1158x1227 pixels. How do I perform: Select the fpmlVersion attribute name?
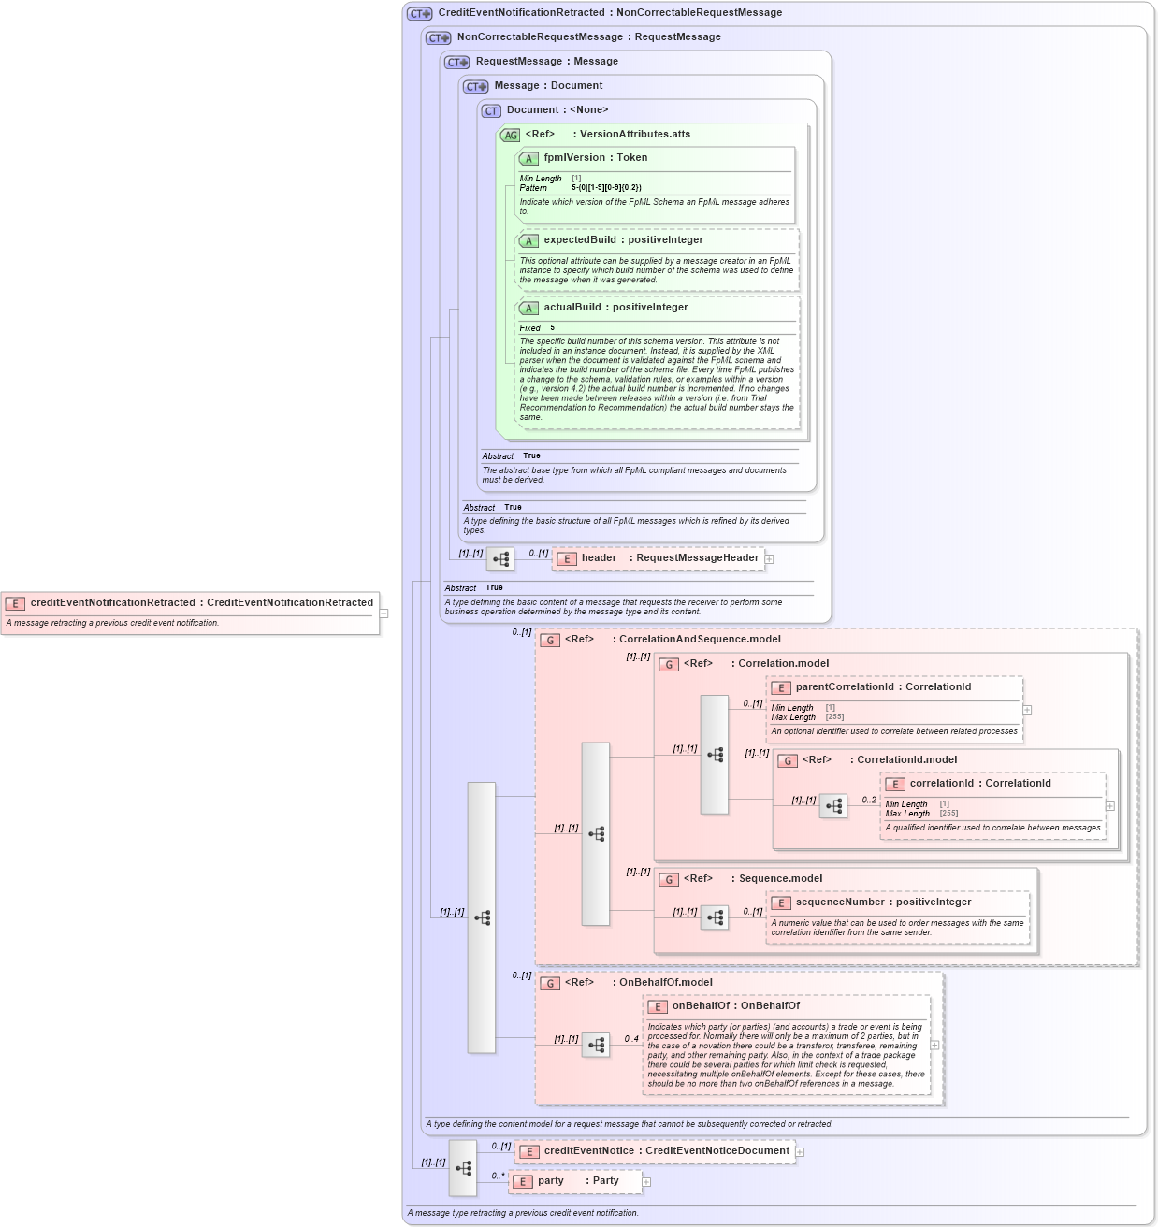click(x=573, y=158)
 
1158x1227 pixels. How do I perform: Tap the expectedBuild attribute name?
click(x=579, y=240)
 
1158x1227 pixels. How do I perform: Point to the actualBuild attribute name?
click(x=572, y=308)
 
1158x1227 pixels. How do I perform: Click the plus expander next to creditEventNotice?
click(x=801, y=1152)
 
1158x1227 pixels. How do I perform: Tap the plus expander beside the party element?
click(x=646, y=1182)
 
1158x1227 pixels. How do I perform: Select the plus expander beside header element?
click(x=770, y=559)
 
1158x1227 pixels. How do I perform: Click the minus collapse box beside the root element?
click(x=384, y=613)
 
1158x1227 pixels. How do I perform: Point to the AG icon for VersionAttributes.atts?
click(x=510, y=136)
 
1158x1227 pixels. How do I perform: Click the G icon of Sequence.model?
click(x=669, y=880)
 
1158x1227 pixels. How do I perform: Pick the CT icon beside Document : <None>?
click(x=491, y=111)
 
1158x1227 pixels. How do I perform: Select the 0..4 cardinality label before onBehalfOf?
click(x=631, y=1039)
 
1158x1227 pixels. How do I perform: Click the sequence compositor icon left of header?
click(x=500, y=559)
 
